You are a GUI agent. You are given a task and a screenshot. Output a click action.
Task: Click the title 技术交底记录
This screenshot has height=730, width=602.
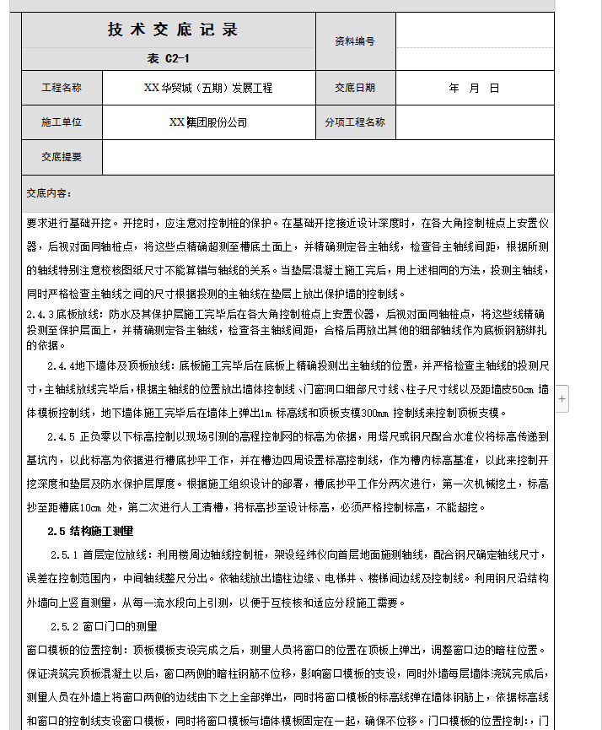click(x=173, y=30)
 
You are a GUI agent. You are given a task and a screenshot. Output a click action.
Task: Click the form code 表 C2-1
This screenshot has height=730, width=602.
click(x=168, y=58)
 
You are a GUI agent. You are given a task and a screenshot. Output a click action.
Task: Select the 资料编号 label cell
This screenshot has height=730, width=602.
click(x=354, y=41)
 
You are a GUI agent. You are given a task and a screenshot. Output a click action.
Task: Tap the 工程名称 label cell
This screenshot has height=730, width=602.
click(x=62, y=88)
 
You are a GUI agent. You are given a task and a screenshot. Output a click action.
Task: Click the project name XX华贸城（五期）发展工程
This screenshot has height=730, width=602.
click(x=207, y=88)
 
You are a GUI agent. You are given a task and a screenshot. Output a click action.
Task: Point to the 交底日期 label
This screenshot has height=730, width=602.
click(x=354, y=88)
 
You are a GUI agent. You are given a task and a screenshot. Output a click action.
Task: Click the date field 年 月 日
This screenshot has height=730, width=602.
click(x=474, y=88)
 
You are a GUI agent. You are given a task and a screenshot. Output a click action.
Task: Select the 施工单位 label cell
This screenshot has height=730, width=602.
click(x=62, y=122)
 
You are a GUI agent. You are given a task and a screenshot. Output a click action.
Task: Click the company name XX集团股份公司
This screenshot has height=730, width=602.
click(x=207, y=122)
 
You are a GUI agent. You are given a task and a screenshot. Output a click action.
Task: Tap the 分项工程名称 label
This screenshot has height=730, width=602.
click(x=354, y=122)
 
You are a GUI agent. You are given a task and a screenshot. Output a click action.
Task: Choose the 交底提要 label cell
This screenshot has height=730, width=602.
click(x=62, y=157)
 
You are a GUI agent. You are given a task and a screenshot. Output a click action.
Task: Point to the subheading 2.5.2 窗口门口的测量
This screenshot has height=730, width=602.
click(x=104, y=626)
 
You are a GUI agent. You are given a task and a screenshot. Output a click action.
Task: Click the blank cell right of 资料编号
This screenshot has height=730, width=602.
click(x=475, y=41)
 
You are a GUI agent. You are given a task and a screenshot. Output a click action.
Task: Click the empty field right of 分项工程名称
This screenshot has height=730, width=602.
click(x=475, y=122)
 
